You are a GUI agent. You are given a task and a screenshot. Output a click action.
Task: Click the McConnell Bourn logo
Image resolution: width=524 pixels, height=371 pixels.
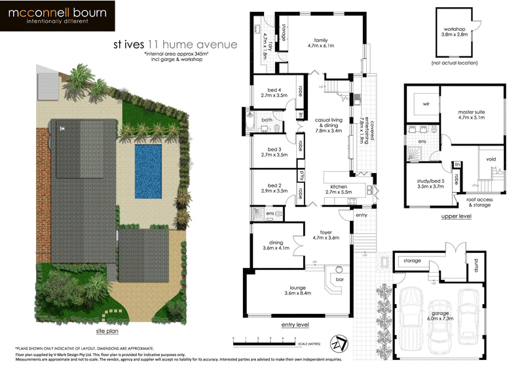coord(58,17)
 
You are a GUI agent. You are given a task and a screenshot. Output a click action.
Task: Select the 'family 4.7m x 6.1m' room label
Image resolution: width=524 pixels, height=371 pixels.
coord(321,43)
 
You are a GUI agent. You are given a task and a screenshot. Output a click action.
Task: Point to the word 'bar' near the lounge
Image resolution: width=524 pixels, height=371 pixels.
coord(339,281)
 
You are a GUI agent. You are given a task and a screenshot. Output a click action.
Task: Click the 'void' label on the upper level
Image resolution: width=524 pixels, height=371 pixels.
coord(490,158)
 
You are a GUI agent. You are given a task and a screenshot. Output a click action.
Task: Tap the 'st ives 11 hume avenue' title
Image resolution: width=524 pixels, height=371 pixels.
coord(174,45)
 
